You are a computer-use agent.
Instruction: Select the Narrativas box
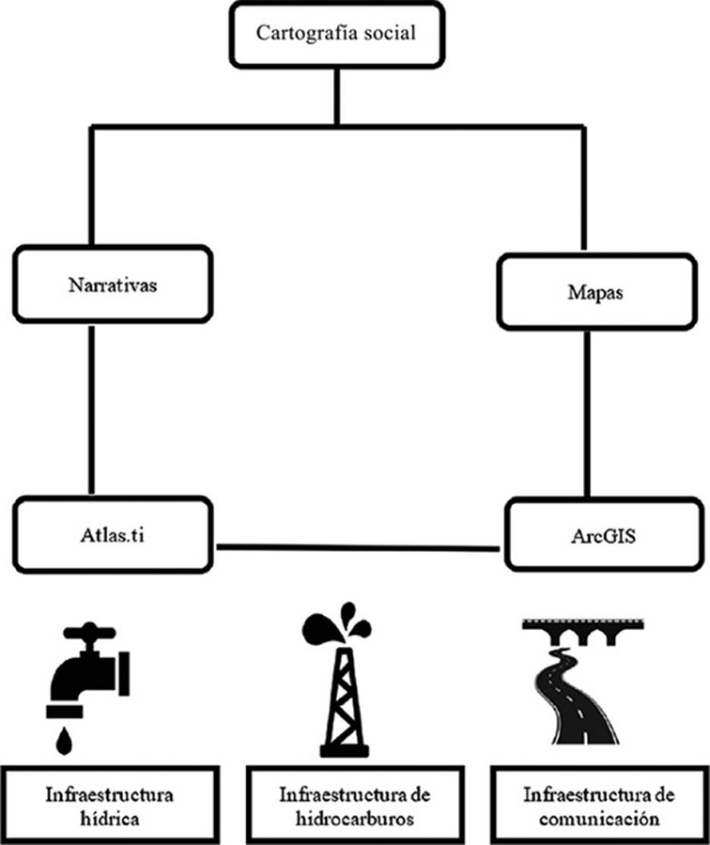click(112, 283)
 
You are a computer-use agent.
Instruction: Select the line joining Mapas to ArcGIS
click(588, 413)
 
